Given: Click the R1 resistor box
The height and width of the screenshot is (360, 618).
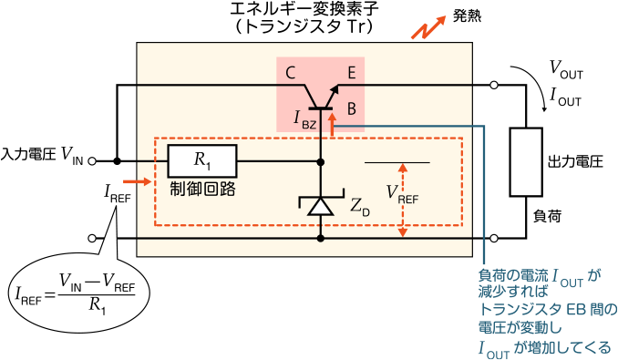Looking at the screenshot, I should pyautogui.click(x=201, y=160).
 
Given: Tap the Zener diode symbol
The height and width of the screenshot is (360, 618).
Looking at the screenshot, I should pyautogui.click(x=320, y=206).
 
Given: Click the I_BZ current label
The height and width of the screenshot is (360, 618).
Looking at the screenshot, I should pyautogui.click(x=304, y=118).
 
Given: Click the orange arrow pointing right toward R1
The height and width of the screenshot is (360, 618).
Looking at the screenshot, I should pyautogui.click(x=136, y=182).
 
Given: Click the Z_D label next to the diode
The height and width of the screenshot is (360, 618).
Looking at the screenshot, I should pyautogui.click(x=359, y=207).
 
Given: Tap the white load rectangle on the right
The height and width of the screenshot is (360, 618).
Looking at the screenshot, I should pyautogui.click(x=526, y=162).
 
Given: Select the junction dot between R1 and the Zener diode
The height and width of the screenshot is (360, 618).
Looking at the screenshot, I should pyautogui.click(x=320, y=161).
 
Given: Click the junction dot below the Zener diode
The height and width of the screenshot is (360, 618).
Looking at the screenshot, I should pyautogui.click(x=320, y=238).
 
